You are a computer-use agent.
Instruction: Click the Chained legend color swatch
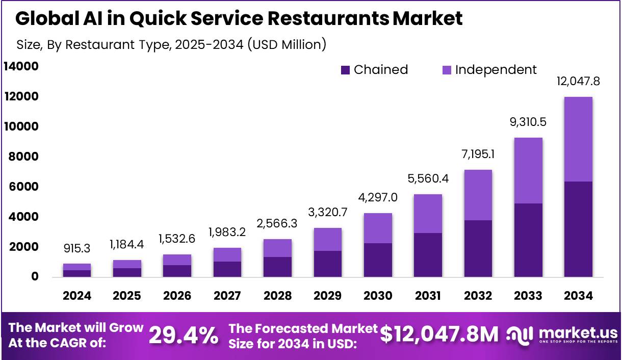345,70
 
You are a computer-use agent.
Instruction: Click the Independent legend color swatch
447,70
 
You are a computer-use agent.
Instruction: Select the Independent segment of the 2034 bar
579,139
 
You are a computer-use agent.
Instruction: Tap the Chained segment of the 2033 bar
528,240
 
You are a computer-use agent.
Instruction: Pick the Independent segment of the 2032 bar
478,195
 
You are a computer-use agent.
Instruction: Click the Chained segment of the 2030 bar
378,260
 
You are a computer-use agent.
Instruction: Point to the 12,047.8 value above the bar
579,81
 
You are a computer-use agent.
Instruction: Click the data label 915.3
77,249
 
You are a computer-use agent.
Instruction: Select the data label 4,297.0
378,197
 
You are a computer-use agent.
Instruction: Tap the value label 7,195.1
478,154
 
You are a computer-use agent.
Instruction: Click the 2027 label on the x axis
227,296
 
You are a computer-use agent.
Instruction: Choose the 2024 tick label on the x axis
77,296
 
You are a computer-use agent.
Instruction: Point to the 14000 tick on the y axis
21,66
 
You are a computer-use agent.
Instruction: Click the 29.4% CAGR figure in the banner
184,336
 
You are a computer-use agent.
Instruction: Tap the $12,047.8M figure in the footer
439,335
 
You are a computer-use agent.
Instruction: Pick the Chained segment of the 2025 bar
127,272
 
